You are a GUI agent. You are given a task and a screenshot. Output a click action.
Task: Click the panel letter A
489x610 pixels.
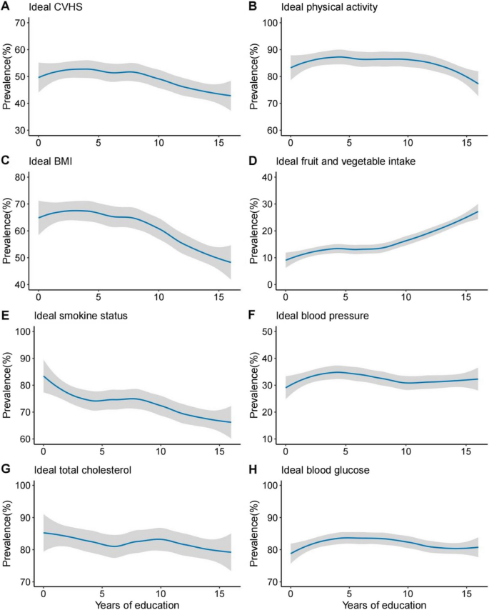tap(6, 6)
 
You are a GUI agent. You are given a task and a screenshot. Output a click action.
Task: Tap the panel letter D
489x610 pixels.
tap(252, 161)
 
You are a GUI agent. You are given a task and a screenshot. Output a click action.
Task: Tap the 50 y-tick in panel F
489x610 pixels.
tap(271, 331)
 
